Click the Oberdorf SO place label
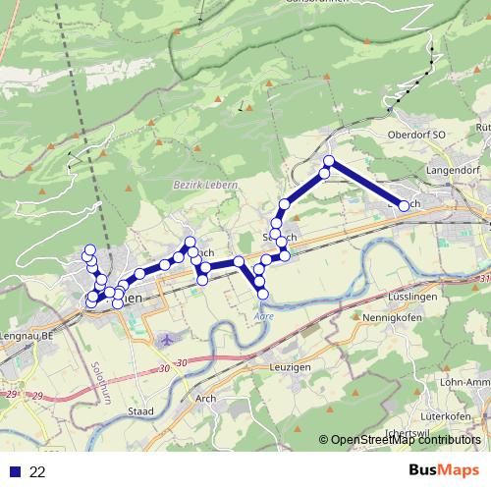click(x=417, y=135)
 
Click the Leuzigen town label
click(x=290, y=366)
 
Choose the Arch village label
click(x=205, y=398)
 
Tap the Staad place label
click(x=141, y=410)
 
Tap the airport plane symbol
click(x=167, y=339)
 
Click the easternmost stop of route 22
click(x=404, y=205)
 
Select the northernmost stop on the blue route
click(x=329, y=161)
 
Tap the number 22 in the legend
click(x=38, y=471)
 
